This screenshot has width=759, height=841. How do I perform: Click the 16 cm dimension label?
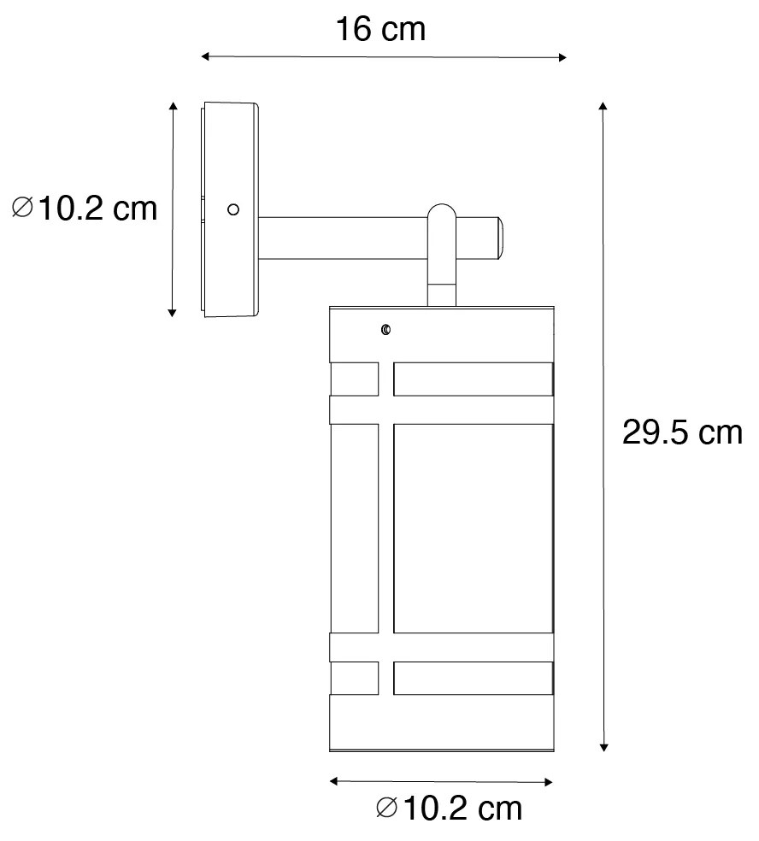[x=379, y=30]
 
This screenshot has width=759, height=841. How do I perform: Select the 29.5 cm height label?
[x=681, y=433]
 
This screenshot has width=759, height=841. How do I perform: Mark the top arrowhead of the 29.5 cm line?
[x=603, y=106]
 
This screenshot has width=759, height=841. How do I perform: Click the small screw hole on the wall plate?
[x=232, y=209]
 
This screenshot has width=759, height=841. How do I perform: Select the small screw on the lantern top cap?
[x=386, y=330]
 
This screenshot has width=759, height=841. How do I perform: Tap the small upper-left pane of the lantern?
[x=354, y=379]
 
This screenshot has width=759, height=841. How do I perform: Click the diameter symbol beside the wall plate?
[x=24, y=208]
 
